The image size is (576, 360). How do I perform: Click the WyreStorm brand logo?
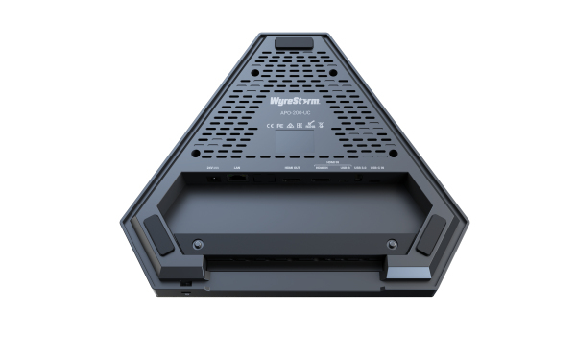(x=288, y=98)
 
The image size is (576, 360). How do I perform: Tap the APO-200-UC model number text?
(x=288, y=112)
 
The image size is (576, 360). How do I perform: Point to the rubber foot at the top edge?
(x=288, y=44)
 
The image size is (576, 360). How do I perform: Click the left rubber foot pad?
(x=159, y=233)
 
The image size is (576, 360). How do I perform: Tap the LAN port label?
(x=237, y=166)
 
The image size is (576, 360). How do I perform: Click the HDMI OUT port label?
(x=289, y=166)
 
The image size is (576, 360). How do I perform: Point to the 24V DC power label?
(x=213, y=166)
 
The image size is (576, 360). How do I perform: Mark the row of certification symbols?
(x=288, y=124)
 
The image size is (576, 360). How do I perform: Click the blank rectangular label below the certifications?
(x=288, y=141)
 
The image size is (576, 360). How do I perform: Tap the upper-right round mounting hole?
(x=332, y=72)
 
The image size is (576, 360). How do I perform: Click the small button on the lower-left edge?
(x=185, y=284)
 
